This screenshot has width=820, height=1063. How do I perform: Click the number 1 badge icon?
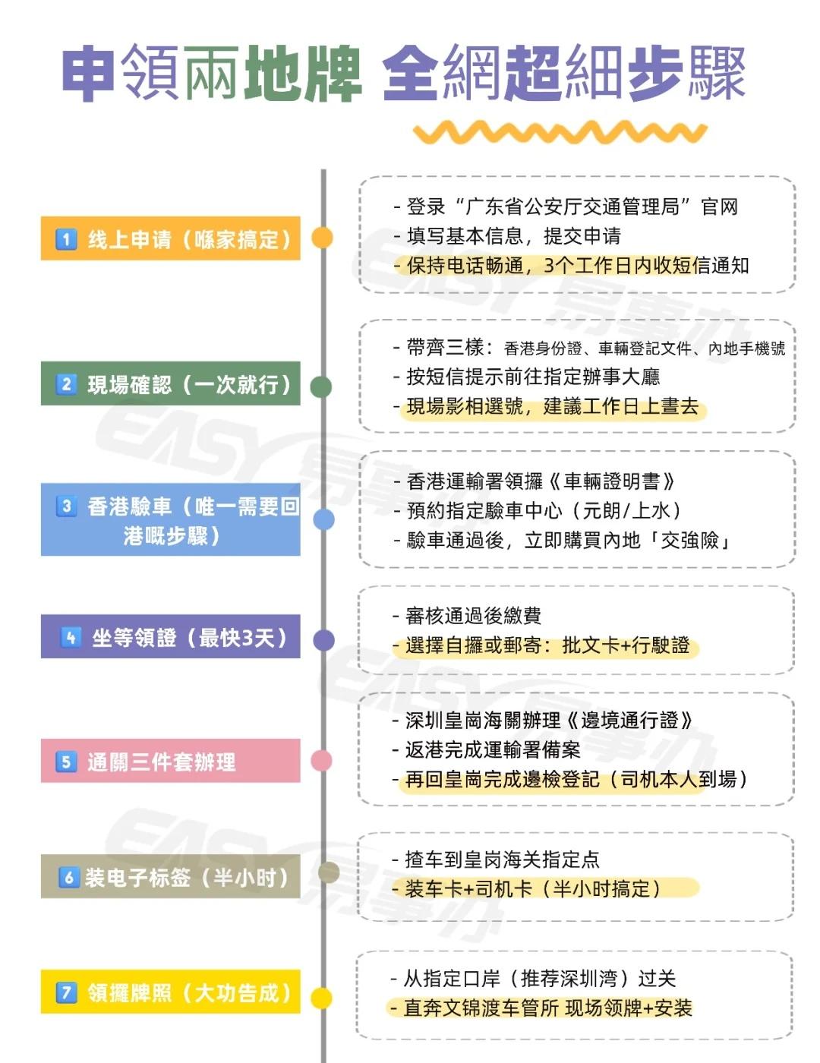(66, 240)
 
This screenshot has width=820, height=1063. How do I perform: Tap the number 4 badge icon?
(71, 637)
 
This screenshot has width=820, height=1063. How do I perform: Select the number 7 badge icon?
(67, 992)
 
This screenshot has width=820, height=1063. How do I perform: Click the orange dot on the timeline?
(323, 238)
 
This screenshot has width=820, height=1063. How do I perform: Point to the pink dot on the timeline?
(322, 760)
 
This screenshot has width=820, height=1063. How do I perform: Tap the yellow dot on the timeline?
(322, 998)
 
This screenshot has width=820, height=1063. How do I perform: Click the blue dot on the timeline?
(323, 519)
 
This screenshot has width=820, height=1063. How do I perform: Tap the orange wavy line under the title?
(560, 133)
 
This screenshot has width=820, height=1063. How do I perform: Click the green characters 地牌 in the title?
(302, 74)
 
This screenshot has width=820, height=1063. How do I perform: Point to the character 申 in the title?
(88, 74)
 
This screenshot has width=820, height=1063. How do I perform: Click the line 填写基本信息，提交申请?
(513, 236)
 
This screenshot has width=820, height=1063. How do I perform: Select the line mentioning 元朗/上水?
(544, 510)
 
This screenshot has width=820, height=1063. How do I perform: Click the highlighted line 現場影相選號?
(552, 406)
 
